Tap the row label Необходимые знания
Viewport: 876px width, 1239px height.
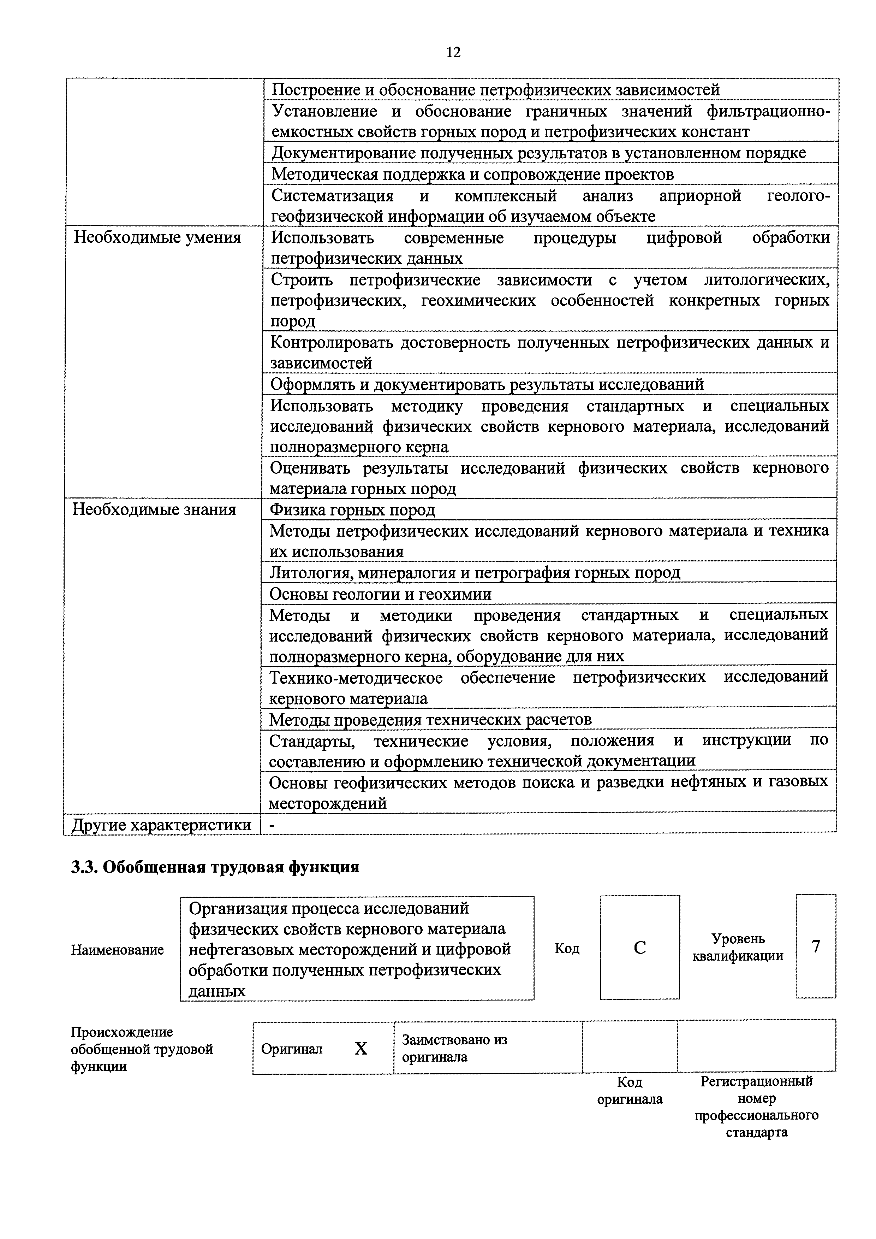(154, 509)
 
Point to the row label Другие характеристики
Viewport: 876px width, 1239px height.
(161, 825)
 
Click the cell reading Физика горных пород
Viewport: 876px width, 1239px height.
(352, 509)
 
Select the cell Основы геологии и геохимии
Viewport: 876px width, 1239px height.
(380, 594)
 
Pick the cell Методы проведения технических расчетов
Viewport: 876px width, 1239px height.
(430, 719)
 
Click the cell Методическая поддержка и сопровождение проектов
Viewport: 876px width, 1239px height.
(472, 174)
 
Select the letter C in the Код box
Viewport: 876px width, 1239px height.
(640, 948)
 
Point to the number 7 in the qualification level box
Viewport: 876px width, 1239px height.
(816, 946)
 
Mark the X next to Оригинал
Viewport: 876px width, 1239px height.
(361, 1049)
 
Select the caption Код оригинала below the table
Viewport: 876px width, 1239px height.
(630, 1091)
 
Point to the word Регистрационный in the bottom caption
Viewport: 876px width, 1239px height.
(756, 1081)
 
